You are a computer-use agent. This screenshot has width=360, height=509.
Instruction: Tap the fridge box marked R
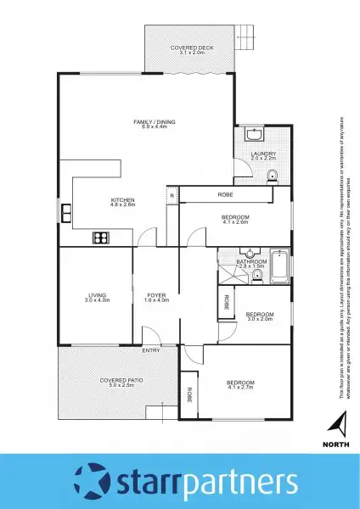(172, 196)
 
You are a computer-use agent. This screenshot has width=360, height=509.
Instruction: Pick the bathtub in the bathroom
(278, 266)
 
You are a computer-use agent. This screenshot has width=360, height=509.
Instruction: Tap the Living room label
(97, 298)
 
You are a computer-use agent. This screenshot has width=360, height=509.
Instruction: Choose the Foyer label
(156, 298)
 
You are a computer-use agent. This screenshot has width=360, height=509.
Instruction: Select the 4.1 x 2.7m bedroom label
(240, 385)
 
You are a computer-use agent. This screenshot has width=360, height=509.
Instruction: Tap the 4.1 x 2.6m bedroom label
(234, 220)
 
